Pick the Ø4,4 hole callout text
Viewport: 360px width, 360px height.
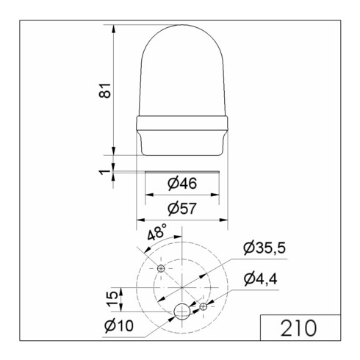263,279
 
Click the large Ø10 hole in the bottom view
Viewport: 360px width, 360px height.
181,313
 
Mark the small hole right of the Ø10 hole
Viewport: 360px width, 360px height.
204,306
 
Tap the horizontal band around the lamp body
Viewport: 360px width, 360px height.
181,123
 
